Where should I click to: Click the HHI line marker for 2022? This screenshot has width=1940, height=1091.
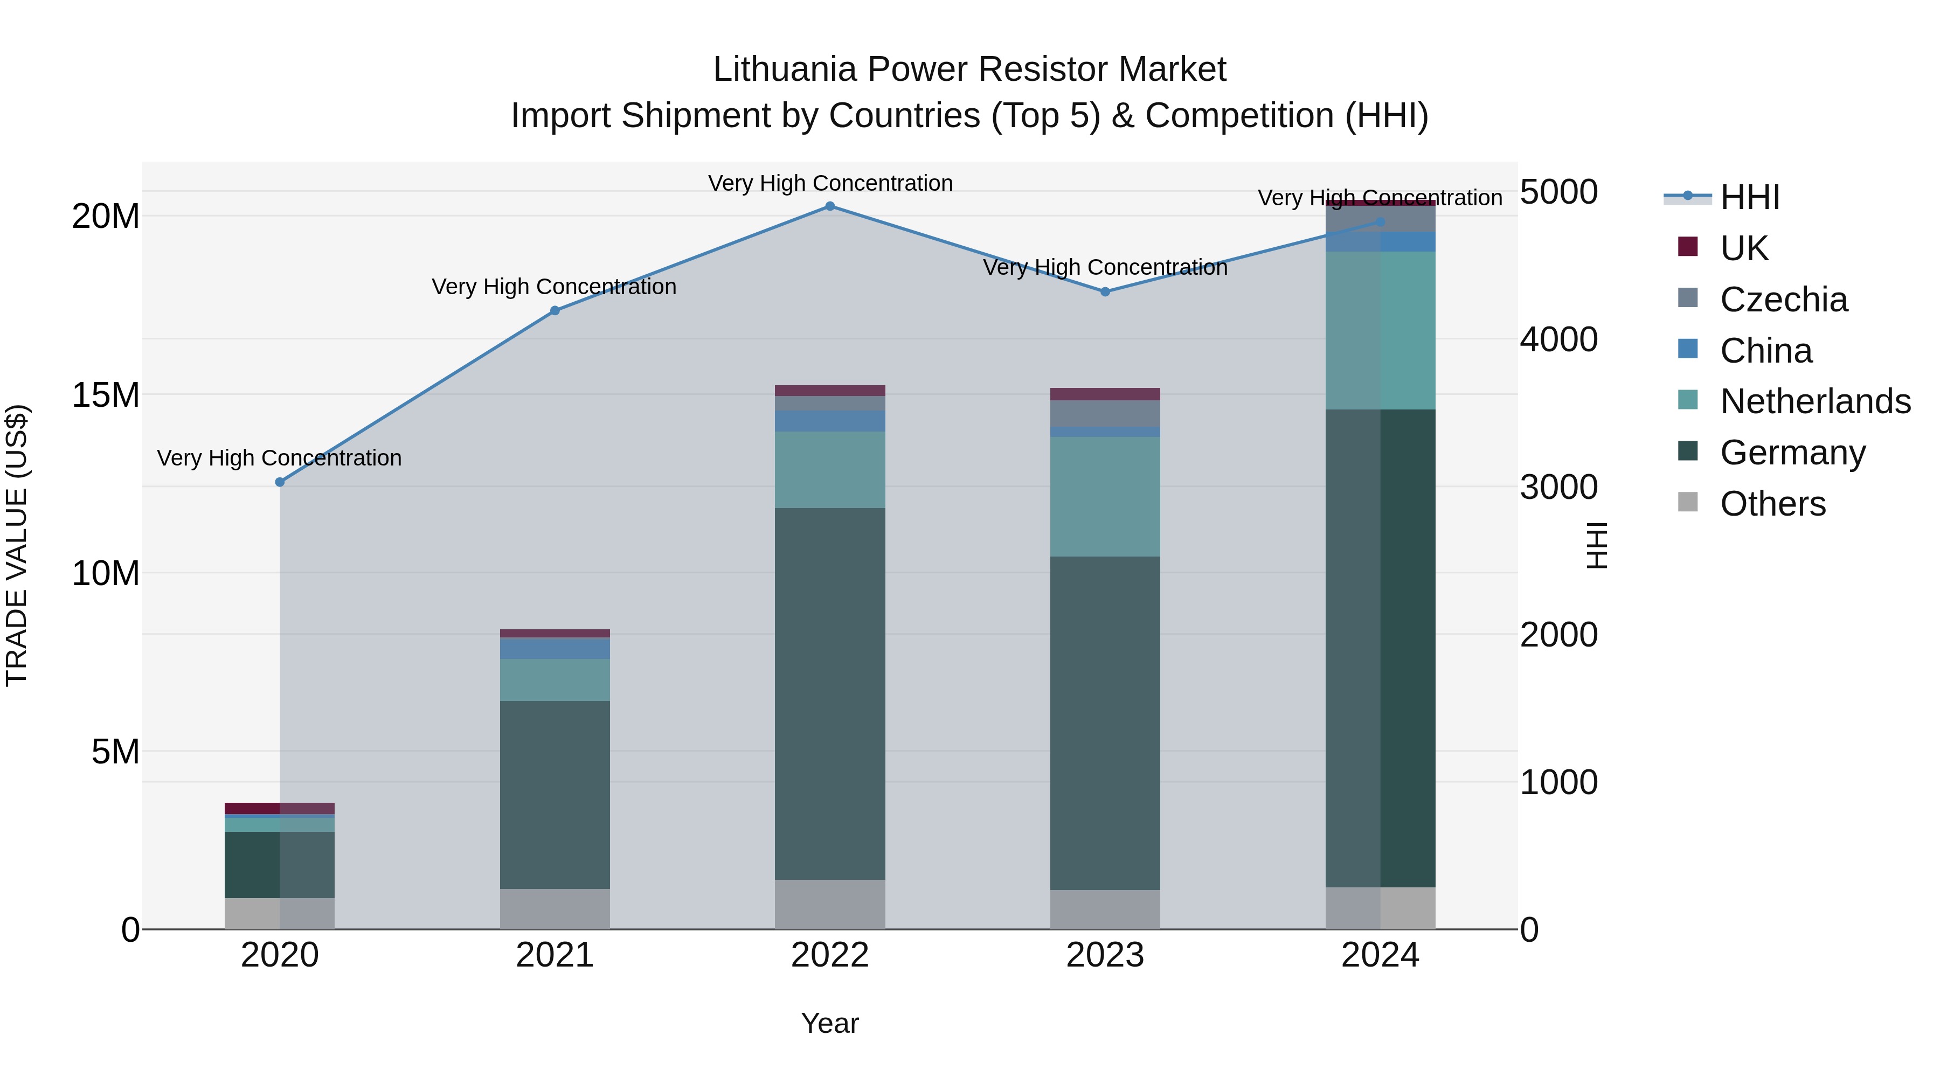pos(830,206)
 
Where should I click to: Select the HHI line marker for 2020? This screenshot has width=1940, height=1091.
pos(279,482)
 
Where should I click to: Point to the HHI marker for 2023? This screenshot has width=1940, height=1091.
pos(1105,291)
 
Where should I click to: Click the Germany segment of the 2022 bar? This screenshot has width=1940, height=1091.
pos(830,693)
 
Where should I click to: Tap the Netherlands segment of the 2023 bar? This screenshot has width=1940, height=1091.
pos(1105,497)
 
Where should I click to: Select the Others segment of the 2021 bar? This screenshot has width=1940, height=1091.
pos(555,909)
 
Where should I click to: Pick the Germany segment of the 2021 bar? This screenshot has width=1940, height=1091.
pos(555,794)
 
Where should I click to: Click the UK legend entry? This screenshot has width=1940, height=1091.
pos(1743,248)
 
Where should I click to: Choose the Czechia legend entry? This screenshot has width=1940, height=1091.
pos(1783,300)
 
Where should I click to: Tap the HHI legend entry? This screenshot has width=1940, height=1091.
pos(1749,197)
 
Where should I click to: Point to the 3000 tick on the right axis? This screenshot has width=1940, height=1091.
pos(1558,487)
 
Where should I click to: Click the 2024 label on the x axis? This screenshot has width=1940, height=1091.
pos(1380,955)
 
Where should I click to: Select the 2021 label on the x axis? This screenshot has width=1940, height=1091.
pos(555,955)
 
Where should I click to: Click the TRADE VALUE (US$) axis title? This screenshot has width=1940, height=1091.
pos(17,545)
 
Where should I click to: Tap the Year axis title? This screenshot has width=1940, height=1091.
pos(830,1023)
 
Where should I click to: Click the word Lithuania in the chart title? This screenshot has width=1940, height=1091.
pos(784,70)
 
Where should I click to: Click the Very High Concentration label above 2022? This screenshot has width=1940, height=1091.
pos(830,183)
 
